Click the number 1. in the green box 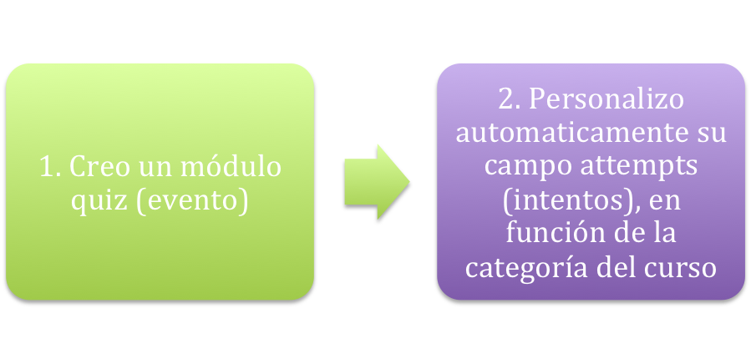pos(50,167)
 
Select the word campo pos(515,166)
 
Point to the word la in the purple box pos(664,234)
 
